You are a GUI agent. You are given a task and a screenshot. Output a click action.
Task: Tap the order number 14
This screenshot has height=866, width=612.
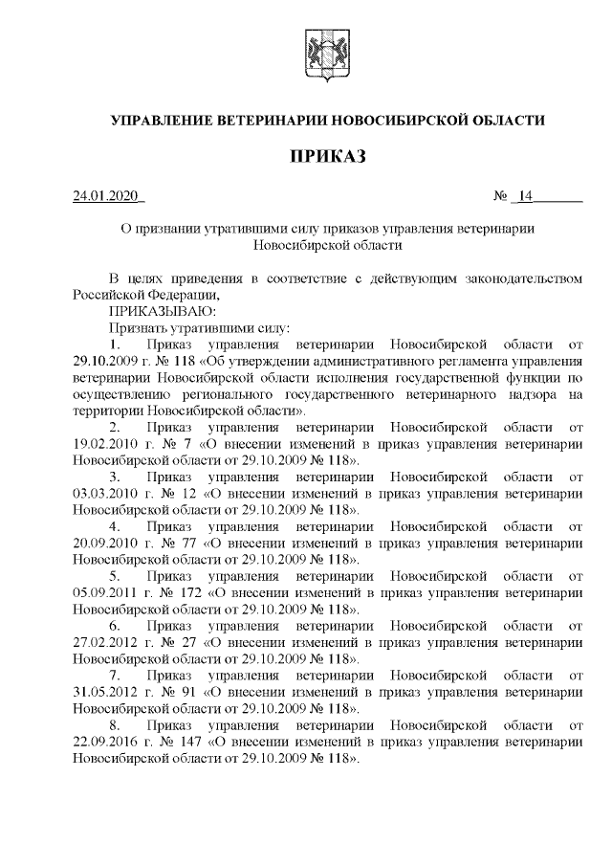(x=524, y=198)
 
